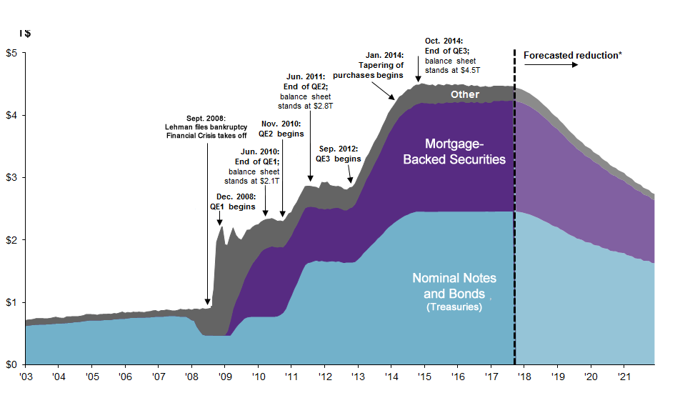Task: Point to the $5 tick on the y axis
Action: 11,53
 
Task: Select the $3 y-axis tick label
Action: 11,177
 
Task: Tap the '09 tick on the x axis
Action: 224,377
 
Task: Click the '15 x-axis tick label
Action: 424,377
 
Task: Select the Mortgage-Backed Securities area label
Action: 454,151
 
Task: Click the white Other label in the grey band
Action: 465,94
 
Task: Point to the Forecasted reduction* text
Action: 572,54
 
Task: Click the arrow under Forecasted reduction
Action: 551,66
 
